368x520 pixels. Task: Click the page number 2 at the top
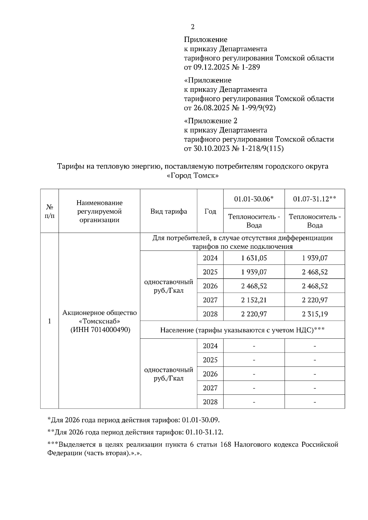(193, 27)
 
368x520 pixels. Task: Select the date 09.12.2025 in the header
(211, 67)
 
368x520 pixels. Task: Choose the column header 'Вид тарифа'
(169, 211)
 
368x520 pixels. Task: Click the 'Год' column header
(210, 211)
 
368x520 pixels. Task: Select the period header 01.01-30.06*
(254, 199)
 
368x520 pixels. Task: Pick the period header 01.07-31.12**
(315, 199)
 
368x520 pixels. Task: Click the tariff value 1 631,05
(254, 258)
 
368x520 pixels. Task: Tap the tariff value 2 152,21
(254, 300)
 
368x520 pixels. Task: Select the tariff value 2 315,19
(315, 314)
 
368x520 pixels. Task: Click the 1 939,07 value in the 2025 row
(254, 272)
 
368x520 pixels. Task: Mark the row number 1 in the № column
(49, 321)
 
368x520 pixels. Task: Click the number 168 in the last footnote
(226, 445)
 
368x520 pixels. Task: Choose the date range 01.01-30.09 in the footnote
(201, 420)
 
